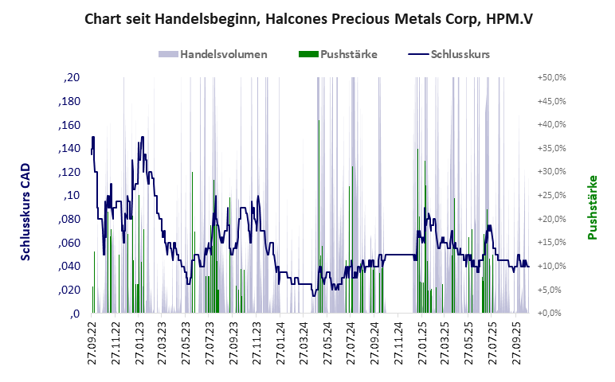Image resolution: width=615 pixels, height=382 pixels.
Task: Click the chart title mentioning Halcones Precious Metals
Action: (x=308, y=18)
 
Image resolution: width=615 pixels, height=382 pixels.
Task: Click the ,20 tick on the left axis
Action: (x=72, y=78)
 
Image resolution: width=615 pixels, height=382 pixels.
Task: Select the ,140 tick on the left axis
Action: (x=69, y=149)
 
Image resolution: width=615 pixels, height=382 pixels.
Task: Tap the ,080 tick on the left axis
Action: (x=69, y=220)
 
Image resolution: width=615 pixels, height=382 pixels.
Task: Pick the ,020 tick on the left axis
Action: (x=69, y=290)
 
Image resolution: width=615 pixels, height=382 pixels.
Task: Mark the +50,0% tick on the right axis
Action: (x=551, y=78)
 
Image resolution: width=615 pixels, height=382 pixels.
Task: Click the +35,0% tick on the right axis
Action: (x=551, y=148)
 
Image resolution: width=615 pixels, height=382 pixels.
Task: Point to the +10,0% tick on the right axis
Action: (x=551, y=266)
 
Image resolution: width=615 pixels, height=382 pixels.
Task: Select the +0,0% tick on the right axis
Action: (x=553, y=313)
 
